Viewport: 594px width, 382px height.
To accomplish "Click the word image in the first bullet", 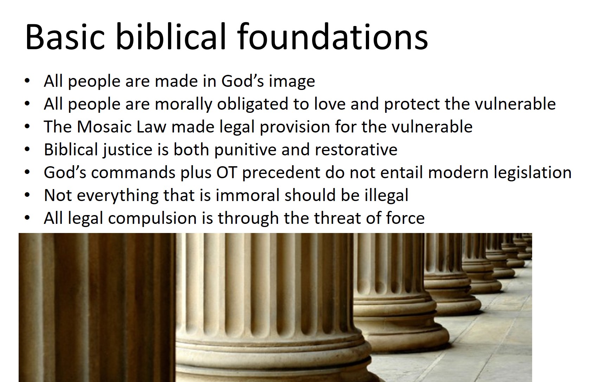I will pos(292,82).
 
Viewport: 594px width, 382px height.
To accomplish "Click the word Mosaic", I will pos(104,127).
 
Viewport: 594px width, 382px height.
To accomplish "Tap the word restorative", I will pos(356,150).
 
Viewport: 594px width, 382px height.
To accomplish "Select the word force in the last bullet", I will pos(405,218).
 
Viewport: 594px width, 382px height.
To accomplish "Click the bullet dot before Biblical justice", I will pos(27,150).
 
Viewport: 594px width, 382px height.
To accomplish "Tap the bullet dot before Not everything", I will pos(27,195).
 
